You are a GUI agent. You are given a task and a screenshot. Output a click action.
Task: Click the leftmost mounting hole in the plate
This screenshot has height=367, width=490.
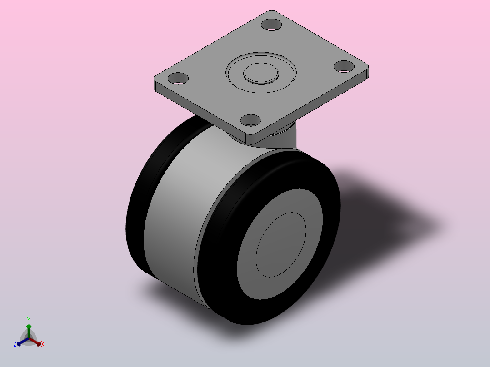coord(178,79)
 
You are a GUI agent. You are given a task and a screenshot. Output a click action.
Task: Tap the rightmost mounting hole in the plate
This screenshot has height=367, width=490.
coord(344,66)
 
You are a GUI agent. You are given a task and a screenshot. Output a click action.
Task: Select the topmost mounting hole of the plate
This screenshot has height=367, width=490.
coord(271,25)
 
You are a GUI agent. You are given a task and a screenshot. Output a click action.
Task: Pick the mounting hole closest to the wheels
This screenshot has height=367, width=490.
coord(250,120)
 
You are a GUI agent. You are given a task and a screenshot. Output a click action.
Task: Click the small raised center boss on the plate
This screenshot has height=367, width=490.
coord(261,74)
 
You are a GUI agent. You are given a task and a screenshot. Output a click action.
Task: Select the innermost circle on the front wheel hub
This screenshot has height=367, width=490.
coord(281,245)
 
